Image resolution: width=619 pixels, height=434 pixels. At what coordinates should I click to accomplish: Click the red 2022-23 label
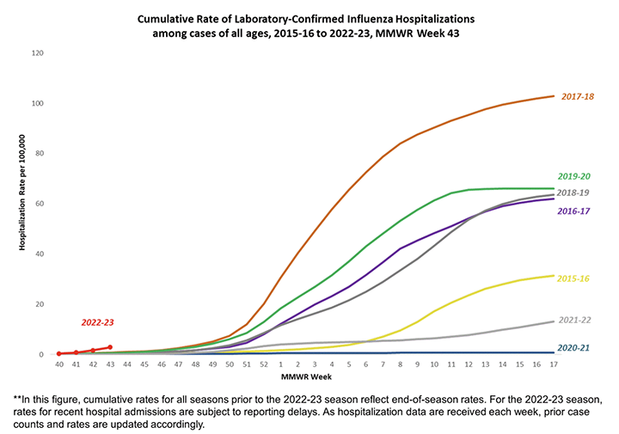click(x=98, y=322)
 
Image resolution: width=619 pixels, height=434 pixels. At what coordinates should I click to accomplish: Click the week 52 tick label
click(x=262, y=364)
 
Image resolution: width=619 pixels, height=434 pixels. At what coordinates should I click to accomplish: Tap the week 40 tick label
click(x=58, y=364)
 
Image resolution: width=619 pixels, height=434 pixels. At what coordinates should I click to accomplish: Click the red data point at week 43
click(x=109, y=347)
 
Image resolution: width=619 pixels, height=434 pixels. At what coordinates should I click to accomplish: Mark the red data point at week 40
click(x=58, y=353)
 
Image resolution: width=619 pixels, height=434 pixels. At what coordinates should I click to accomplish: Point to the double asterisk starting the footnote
click(x=17, y=400)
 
